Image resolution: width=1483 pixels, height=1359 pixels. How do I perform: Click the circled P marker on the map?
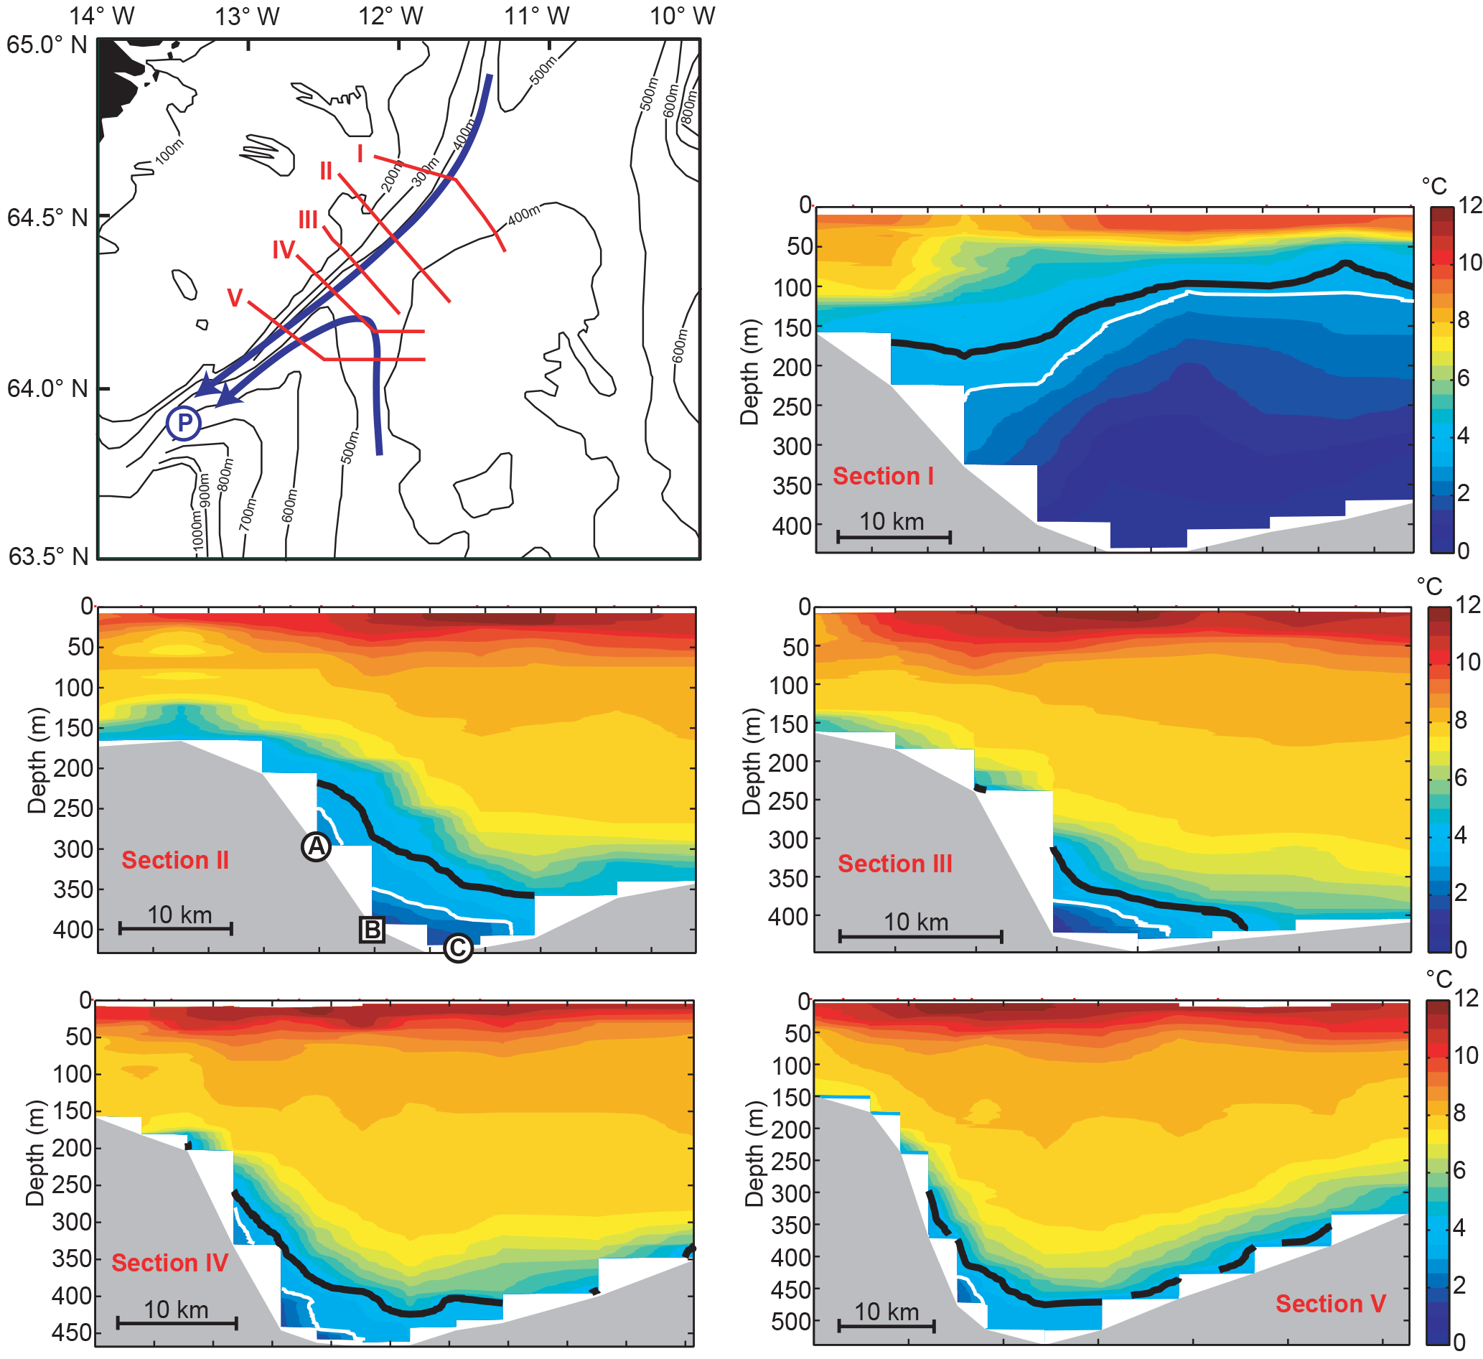pyautogui.click(x=183, y=423)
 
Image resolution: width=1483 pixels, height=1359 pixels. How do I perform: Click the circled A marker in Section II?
pyautogui.click(x=316, y=847)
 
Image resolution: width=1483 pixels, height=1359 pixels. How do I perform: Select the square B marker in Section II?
pyautogui.click(x=373, y=929)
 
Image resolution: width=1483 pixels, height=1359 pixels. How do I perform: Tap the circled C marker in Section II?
pyautogui.click(x=457, y=948)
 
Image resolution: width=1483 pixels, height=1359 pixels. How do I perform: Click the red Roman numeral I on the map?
pyautogui.click(x=360, y=154)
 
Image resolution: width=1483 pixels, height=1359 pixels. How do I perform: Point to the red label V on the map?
pyautogui.click(x=235, y=298)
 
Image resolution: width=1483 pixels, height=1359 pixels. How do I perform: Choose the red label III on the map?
pyautogui.click(x=308, y=220)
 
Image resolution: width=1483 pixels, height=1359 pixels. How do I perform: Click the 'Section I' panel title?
pyautogui.click(x=883, y=476)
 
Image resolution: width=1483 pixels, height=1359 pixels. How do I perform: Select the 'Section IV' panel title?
pyautogui.click(x=170, y=1263)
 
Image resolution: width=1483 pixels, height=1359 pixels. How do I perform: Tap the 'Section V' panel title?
pyautogui.click(x=1330, y=1304)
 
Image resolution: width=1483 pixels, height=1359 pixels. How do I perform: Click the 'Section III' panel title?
pyautogui.click(x=894, y=863)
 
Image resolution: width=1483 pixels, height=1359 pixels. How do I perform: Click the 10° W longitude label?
pyautogui.click(x=682, y=16)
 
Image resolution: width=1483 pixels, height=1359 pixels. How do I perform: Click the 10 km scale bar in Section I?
pyautogui.click(x=893, y=536)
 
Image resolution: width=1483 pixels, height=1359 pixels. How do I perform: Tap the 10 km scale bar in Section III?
pyautogui.click(x=920, y=937)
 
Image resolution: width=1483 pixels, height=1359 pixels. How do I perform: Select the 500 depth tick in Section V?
pyautogui.click(x=790, y=1322)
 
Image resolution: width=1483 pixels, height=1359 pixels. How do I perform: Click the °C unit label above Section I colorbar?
pyautogui.click(x=1433, y=186)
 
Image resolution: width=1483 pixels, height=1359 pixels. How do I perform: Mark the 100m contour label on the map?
pyautogui.click(x=169, y=151)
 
